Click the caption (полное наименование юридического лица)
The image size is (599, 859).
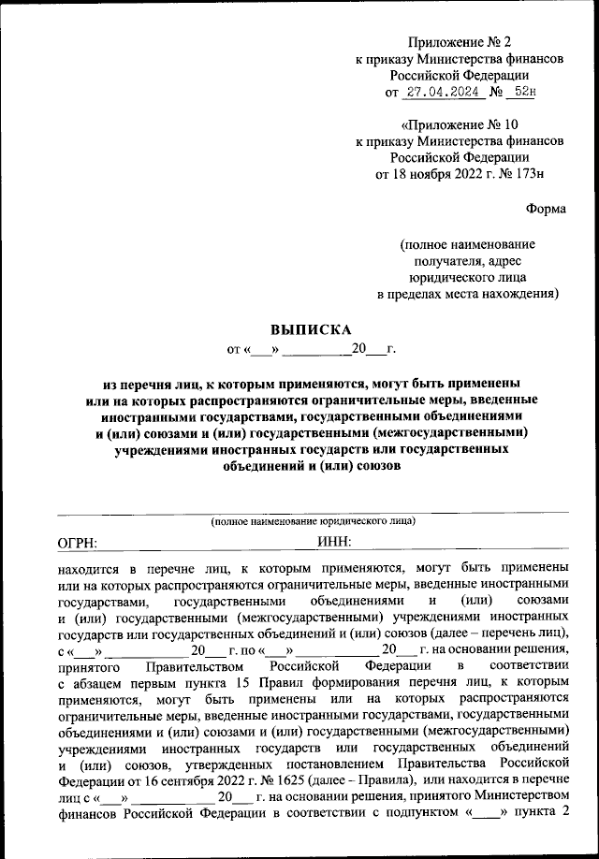coord(312,521)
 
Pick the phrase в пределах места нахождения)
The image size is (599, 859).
coord(468,295)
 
